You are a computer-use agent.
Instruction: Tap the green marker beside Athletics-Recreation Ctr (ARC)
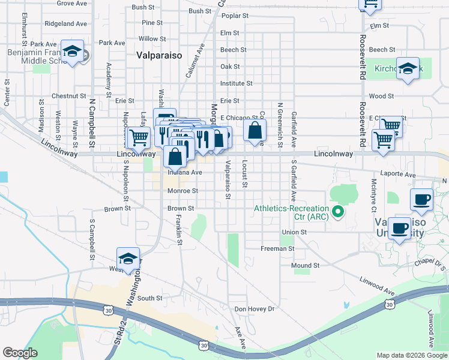click(339, 211)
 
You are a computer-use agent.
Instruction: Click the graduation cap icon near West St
click(128, 259)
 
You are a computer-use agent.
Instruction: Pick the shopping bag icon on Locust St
click(255, 130)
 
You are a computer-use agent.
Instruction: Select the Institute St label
click(237, 84)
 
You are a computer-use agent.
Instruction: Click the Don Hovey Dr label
click(254, 309)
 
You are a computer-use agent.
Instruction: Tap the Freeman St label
click(277, 248)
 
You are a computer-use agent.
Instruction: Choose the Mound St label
click(305, 265)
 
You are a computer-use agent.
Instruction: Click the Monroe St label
click(182, 191)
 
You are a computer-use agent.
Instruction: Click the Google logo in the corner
click(20, 352)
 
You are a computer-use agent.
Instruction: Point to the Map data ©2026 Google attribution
click(411, 355)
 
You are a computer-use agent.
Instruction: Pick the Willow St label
click(148, 39)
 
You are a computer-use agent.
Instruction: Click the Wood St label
click(381, 96)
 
